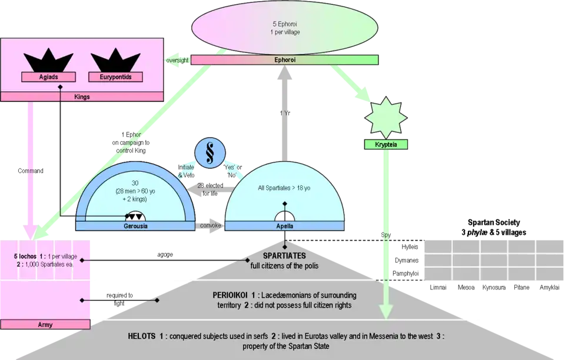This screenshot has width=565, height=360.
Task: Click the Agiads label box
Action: click(48, 76)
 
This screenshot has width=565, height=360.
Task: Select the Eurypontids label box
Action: click(112, 76)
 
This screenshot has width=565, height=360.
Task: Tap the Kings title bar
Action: click(82, 96)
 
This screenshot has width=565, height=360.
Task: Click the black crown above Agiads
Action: click(48, 61)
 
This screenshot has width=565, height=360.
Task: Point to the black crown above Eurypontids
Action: click(112, 61)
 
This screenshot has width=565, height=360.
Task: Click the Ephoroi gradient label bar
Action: click(285, 60)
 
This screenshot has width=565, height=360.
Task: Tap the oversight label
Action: click(177, 60)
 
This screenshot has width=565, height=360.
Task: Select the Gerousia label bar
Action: click(135, 226)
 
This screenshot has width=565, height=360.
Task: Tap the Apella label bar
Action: click(285, 226)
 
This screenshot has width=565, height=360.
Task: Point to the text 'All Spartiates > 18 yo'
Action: click(285, 189)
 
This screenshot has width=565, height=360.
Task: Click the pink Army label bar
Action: click(45, 324)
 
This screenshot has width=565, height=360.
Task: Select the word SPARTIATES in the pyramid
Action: click(285, 257)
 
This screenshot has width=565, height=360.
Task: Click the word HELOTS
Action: click(142, 336)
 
